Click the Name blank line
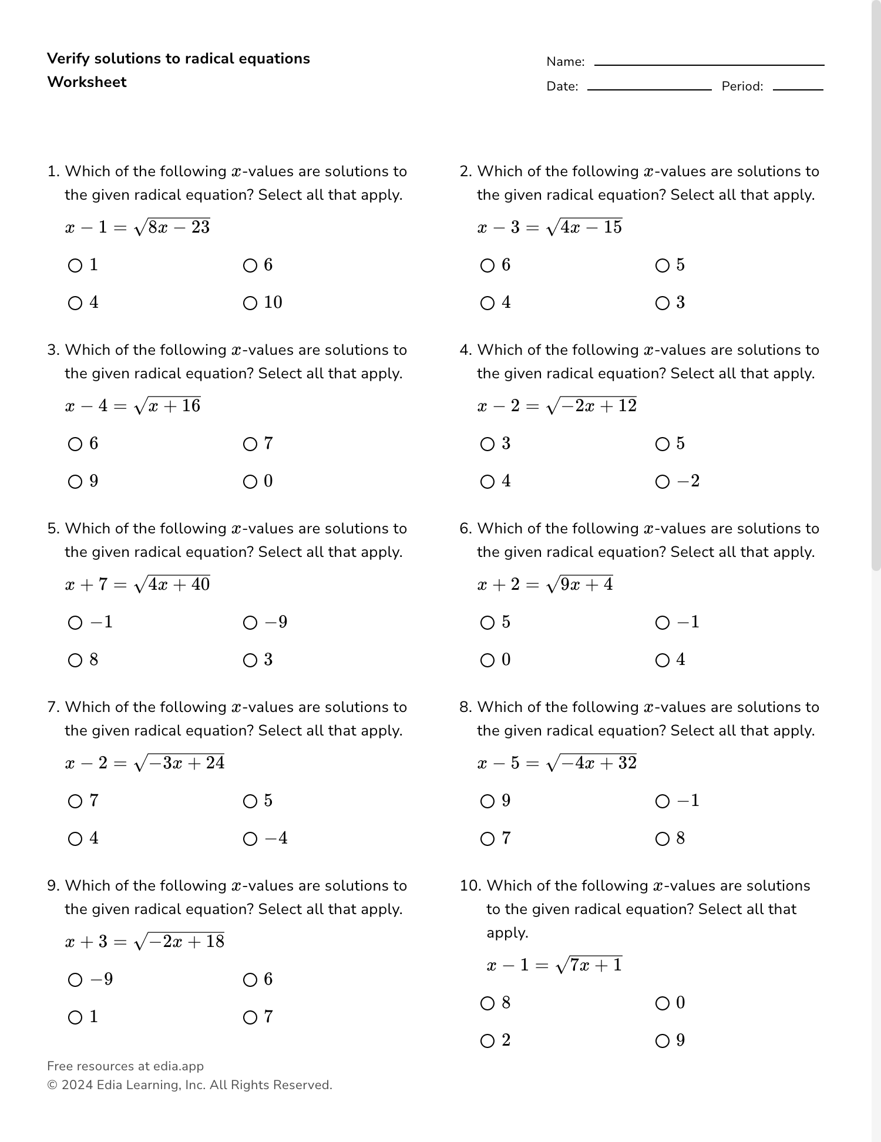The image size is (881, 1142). (709, 64)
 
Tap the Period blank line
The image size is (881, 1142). (798, 89)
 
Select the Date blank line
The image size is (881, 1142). (649, 89)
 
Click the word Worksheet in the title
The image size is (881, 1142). (87, 82)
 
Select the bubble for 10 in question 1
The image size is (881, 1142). (250, 303)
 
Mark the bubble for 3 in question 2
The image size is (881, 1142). (663, 303)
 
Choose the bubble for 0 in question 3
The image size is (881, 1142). (250, 482)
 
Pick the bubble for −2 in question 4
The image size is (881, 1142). (663, 482)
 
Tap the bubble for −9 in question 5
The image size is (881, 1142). (250, 623)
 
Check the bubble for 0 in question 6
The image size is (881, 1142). (487, 660)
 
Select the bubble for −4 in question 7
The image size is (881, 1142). (250, 839)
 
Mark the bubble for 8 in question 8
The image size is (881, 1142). (663, 839)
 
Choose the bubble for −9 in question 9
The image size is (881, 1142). (75, 980)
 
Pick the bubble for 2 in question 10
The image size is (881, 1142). (487, 1041)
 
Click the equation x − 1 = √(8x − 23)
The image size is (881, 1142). (137, 227)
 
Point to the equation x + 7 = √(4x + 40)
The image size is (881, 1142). (137, 585)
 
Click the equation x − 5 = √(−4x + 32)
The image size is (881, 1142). (557, 763)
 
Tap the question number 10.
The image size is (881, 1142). (470, 886)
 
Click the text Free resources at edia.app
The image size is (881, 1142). (125, 1066)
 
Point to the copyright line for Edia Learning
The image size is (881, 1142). (189, 1085)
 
